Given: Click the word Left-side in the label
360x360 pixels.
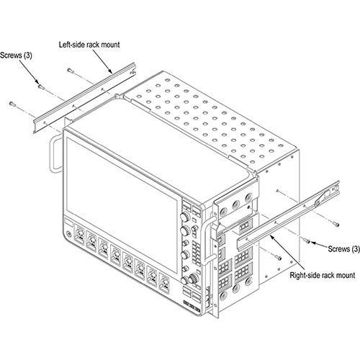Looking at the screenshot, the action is coord(71,45).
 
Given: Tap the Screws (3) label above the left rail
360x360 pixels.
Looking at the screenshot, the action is coord(16,55).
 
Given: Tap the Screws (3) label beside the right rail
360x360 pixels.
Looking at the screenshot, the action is coord(343,249).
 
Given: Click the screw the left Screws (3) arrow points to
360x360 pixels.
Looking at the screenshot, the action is coord(41,86).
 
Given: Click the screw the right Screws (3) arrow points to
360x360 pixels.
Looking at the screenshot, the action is coord(307,240).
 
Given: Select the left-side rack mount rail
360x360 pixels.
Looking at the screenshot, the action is coord(84,97).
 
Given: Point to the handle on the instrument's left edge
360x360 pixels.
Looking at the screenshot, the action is coord(55,153).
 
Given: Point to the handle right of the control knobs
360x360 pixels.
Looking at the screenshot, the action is coord(208,240).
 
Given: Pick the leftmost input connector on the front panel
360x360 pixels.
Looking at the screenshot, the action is coord(79,234).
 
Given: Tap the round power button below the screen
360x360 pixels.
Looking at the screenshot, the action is coord(69,233).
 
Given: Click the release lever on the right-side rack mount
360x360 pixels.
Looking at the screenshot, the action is coord(323,197).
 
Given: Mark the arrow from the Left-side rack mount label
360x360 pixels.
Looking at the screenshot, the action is coord(102,61).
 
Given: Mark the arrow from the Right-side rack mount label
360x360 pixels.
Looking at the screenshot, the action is coord(287,253).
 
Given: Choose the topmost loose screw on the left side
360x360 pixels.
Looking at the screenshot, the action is coord(70,71).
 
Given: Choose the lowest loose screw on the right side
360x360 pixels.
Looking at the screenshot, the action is coord(279,258).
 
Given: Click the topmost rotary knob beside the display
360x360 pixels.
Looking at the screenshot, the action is coord(185,217).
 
